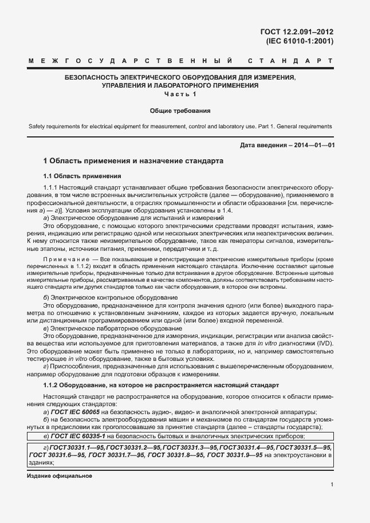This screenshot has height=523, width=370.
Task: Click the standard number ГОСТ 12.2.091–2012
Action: tap(298, 33)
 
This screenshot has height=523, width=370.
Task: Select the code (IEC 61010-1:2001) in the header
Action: tap(300, 41)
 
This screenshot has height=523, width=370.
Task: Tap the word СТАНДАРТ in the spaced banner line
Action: tap(290, 60)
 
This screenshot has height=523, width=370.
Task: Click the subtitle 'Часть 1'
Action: tap(180, 94)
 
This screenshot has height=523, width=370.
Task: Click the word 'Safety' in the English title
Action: tap(37, 126)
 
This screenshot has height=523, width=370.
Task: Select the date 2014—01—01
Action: tap(314, 145)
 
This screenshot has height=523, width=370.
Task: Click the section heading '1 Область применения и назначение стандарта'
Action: tap(133, 162)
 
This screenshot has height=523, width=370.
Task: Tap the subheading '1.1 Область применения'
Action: tap(82, 176)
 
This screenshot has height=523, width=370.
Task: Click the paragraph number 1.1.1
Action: tap(53, 188)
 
